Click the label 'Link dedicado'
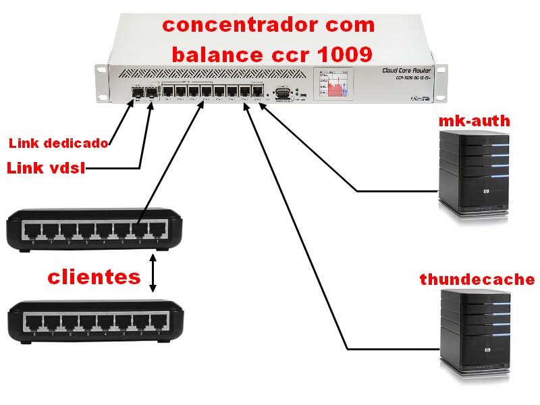coord(58,143)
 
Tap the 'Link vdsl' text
coord(46,168)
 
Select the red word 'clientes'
coord(94,277)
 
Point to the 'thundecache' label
coord(477,279)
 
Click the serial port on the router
coord(283,92)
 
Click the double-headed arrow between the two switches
coord(154,273)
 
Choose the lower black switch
coord(95,321)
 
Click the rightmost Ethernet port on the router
coord(257,92)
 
